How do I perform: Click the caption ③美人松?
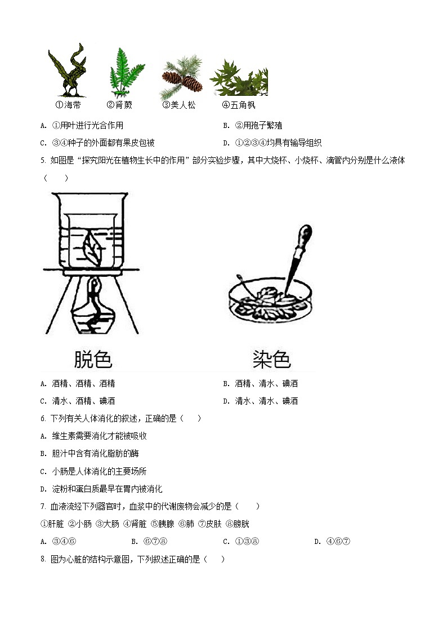(x=179, y=105)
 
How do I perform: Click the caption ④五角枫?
(x=239, y=105)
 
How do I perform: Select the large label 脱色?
(x=93, y=359)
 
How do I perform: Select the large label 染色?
(x=271, y=359)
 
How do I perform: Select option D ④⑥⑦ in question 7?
(x=333, y=542)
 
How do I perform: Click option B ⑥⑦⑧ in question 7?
(x=149, y=542)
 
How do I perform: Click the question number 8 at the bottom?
(x=43, y=560)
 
